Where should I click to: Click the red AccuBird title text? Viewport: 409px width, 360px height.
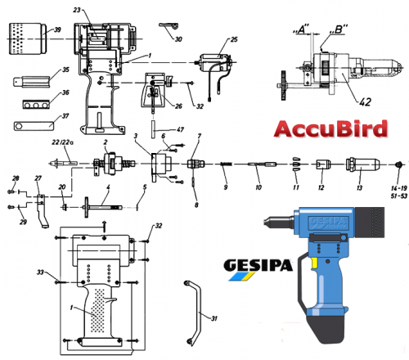tap(330, 128)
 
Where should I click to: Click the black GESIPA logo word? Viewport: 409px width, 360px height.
tap(258, 265)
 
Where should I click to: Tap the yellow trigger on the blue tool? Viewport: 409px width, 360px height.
tap(314, 263)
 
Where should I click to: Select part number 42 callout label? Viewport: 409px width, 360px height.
tap(366, 101)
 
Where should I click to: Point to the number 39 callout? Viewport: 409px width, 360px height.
tap(57, 29)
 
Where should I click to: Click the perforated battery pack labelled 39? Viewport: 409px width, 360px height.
tap(28, 38)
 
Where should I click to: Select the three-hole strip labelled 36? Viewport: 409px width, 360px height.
tap(36, 105)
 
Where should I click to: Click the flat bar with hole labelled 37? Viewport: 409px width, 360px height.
tap(34, 126)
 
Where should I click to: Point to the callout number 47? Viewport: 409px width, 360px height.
tap(180, 129)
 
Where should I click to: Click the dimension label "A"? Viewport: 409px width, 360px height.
tap(301, 29)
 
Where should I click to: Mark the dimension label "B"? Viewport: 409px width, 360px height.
tap(339, 29)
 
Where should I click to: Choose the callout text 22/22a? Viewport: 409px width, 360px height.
tap(63, 142)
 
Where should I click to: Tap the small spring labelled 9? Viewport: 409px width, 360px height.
tap(226, 164)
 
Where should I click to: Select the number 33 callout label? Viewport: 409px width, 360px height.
tap(40, 272)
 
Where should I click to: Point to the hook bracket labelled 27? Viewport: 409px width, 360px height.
tap(42, 211)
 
